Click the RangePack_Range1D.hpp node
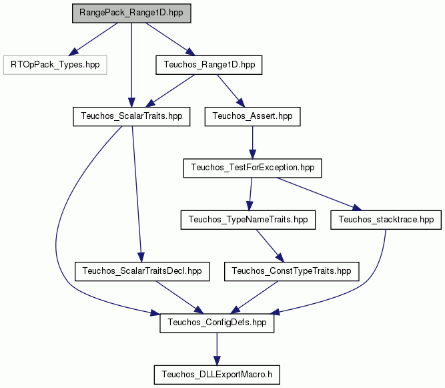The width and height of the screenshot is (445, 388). coord(131,13)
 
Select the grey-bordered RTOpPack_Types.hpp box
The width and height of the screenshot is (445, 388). coord(55,65)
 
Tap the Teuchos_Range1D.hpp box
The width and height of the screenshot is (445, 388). coord(209,65)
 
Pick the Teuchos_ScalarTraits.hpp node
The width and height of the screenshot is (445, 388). coord(131,116)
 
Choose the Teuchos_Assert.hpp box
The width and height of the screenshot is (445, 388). coord(252,116)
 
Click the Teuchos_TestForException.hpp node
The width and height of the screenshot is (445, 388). coord(253,168)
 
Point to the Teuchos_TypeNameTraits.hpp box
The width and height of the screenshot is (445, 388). coord(248,220)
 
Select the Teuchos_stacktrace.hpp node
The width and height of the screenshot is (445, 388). coord(386,220)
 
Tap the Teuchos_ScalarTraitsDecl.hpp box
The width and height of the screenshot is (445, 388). coord(142,272)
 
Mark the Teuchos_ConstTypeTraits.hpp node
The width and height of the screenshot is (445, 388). coord(292,272)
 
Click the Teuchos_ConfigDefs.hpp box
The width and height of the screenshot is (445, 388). coord(217,323)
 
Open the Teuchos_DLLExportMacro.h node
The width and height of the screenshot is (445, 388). coord(217,375)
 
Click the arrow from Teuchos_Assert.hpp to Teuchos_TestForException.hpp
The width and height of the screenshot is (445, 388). coord(252,142)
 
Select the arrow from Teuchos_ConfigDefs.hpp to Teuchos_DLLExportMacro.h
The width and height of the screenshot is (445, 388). coord(217,349)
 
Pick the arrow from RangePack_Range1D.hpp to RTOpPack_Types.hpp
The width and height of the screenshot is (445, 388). coord(93,39)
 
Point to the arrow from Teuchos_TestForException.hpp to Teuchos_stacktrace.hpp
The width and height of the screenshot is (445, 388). coord(320,194)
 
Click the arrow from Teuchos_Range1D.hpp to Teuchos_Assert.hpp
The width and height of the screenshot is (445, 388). coord(231,91)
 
